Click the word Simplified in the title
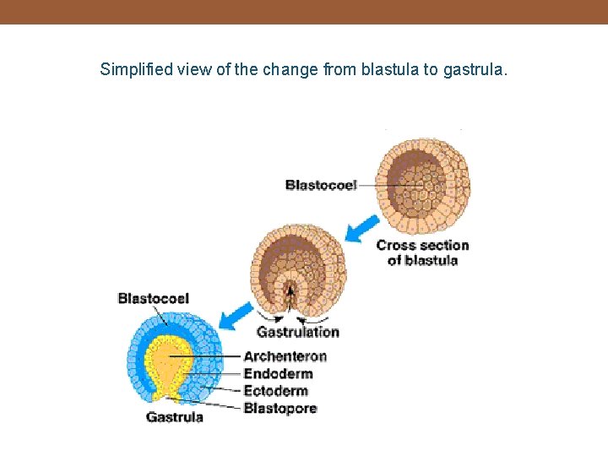[x=137, y=69]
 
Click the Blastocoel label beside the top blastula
[x=321, y=185]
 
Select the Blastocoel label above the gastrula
[x=153, y=298]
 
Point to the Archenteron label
[x=285, y=356]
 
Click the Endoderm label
[x=278, y=373]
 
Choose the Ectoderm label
[x=276, y=391]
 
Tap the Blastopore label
[x=280, y=409]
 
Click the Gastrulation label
[x=298, y=332]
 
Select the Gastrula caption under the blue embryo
[x=175, y=416]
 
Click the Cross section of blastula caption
[x=422, y=252]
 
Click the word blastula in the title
[x=389, y=69]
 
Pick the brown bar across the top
[x=304, y=12]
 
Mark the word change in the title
[x=290, y=69]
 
